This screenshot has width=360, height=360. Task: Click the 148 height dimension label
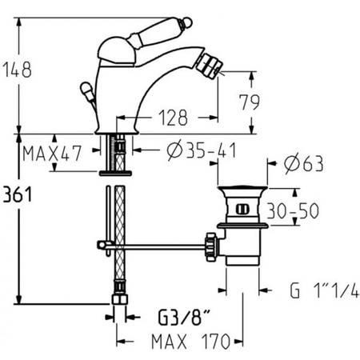[18, 70]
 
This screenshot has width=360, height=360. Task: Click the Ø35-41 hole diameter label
[188, 149]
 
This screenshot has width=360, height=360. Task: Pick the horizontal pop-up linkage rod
[160, 246]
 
